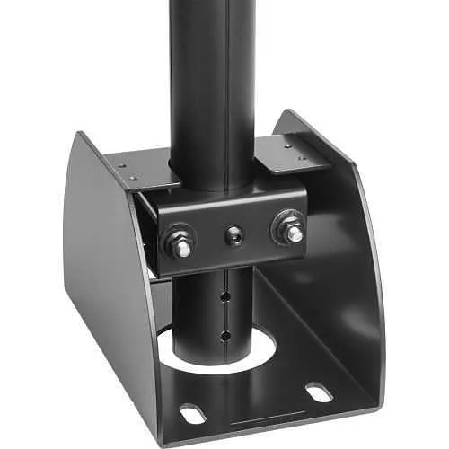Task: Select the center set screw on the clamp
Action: [x=235, y=235]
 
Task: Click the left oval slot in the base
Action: [x=192, y=414]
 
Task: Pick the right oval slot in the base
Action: [x=319, y=392]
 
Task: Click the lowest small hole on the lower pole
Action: [x=225, y=337]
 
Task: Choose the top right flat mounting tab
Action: [x=289, y=153]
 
